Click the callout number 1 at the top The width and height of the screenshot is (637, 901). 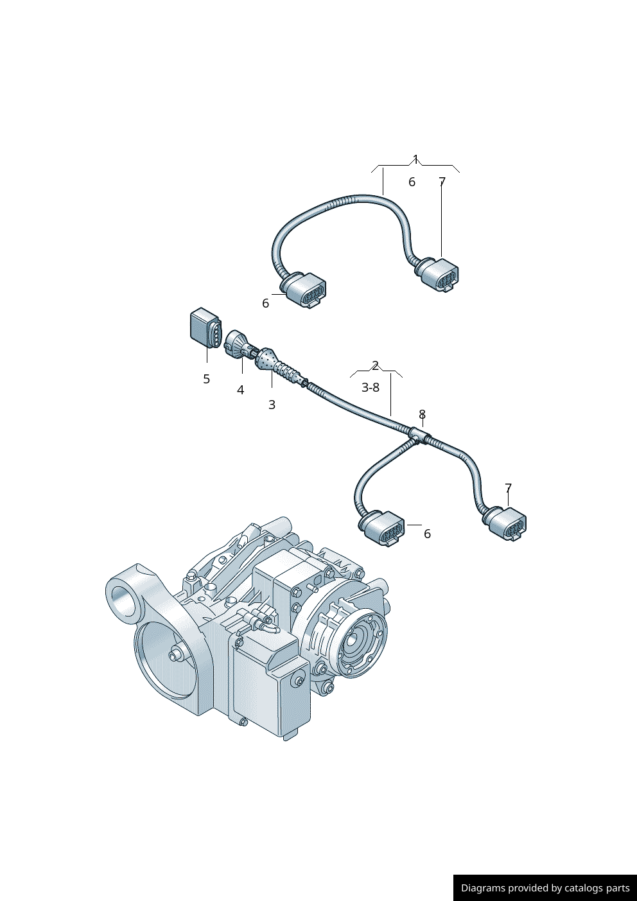coord(415,159)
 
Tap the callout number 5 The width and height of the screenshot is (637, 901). coord(206,380)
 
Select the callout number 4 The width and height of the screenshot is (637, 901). coord(240,390)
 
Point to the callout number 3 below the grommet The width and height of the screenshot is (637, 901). coord(272,405)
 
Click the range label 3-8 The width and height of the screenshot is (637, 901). coord(371,388)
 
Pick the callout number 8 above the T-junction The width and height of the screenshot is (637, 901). coord(422,415)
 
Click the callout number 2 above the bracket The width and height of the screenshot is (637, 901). coord(376,366)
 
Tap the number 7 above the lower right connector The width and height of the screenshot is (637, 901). coord(508,488)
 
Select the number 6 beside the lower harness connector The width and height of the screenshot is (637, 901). coord(427,534)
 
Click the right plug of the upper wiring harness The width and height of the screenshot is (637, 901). coord(441,275)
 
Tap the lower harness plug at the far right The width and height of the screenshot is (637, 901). coord(508,523)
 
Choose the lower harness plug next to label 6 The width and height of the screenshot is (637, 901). coord(384,528)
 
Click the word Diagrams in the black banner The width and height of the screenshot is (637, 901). coord(482,888)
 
